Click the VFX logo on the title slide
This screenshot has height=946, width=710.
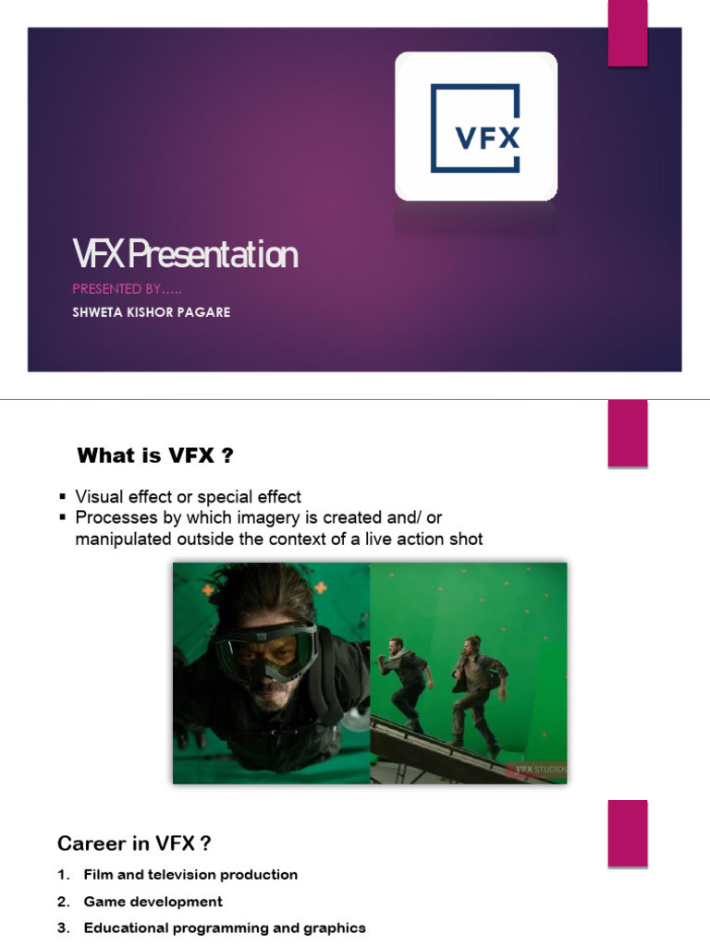coord(476,127)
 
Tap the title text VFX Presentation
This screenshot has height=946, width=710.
coord(185,255)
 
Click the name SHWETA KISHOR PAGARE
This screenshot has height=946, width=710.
coord(152,312)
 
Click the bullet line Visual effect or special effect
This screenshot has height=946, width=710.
coord(188,497)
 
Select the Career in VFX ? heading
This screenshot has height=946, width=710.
coord(134,843)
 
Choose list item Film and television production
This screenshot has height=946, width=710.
coord(190,874)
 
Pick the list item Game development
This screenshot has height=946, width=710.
coord(153,901)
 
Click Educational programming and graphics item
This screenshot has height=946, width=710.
coord(224,928)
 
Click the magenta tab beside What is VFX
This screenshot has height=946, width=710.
coord(627,433)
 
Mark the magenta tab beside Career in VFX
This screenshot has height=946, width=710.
coord(627,832)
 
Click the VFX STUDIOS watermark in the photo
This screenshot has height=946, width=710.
coord(541,769)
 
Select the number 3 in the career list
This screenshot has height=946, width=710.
coord(62,928)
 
